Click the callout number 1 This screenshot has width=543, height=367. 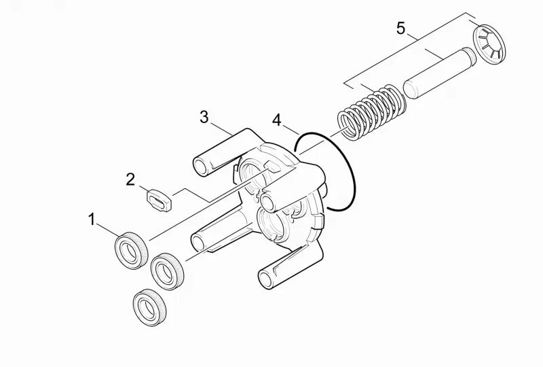pos(92,220)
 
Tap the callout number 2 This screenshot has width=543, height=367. pos(130,179)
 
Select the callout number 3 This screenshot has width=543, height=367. pos(204,118)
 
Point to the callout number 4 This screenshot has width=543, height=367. pos(277,120)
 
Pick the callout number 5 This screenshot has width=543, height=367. pos(400,28)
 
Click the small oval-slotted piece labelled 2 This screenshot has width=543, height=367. pos(160,200)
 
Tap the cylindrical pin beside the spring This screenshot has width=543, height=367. pos(440,73)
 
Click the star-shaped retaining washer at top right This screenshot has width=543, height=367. pos(489,44)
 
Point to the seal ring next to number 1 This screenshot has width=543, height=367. pos(131,250)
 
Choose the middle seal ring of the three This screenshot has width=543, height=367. pos(168,272)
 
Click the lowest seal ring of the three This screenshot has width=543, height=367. pos(149,307)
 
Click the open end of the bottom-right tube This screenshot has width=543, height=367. pos(266,279)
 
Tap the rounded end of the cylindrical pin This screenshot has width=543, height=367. pos(411,89)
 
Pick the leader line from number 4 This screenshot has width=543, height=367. pos(291,129)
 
